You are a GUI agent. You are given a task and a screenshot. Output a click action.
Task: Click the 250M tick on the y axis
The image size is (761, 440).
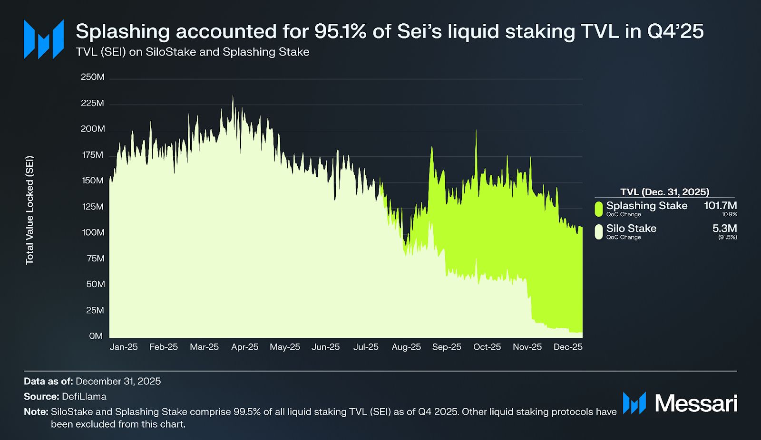point(93,77)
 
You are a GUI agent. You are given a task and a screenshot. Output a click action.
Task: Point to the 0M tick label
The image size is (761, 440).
point(96,336)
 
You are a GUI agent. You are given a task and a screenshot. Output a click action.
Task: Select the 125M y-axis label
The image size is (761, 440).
point(93,207)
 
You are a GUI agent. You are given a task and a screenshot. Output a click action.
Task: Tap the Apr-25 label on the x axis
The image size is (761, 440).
point(244,347)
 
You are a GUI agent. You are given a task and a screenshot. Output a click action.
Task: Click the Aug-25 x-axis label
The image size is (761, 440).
point(406,347)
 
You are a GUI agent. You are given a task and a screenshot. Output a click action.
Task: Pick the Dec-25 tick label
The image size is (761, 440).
point(568,347)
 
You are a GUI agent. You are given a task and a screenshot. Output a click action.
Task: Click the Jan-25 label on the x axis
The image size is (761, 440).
point(124,347)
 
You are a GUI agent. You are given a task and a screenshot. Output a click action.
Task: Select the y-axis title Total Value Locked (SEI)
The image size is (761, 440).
point(30,210)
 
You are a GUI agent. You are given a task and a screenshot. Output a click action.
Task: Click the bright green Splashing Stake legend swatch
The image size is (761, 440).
point(599,209)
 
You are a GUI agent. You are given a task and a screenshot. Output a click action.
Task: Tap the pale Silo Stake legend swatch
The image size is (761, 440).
point(599,231)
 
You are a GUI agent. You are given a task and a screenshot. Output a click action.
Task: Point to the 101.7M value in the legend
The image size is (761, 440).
point(721,206)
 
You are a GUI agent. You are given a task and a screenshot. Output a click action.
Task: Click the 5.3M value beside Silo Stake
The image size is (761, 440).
point(724,229)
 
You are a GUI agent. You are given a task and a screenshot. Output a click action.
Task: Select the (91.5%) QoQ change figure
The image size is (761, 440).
point(728,237)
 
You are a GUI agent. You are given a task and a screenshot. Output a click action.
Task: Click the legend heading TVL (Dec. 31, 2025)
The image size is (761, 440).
point(664,192)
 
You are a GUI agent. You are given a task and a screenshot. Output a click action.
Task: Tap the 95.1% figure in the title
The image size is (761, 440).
point(340,31)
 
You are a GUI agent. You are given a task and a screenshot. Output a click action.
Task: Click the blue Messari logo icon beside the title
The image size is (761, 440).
point(44,39)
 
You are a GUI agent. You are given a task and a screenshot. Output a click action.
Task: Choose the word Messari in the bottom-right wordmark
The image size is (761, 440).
point(696,403)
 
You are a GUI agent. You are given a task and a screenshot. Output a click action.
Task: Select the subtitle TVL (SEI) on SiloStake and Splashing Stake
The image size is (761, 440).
point(193,52)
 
